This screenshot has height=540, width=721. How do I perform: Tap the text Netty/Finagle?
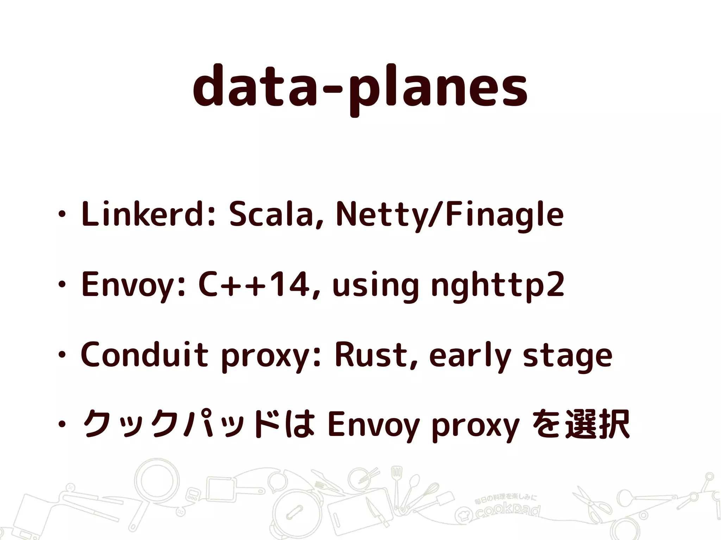[x=450, y=214]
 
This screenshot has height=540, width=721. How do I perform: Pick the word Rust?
[x=375, y=355]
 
